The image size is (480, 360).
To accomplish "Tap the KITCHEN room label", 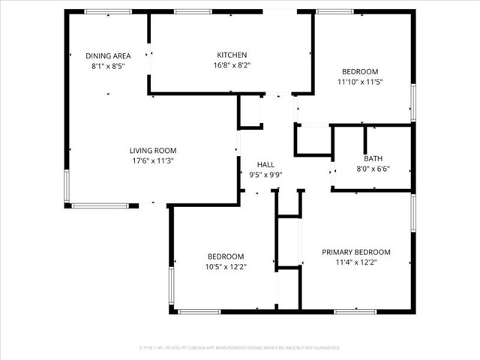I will [x=232, y=55].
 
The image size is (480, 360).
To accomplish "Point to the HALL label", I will [x=265, y=165].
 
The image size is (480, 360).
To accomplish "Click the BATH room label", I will [x=373, y=159].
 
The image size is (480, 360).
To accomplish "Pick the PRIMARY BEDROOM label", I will [x=356, y=252].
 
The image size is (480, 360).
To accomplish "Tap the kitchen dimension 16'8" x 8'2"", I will [x=232, y=65].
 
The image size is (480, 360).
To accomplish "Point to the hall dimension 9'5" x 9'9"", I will [x=265, y=175].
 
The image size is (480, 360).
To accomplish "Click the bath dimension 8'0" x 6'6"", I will [x=373, y=169].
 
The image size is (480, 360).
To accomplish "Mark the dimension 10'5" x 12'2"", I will [x=226, y=266].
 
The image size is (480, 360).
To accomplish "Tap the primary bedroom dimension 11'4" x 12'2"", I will [x=356, y=262].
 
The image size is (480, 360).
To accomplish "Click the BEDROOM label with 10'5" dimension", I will [x=226, y=256].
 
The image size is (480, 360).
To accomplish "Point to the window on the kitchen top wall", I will [x=192, y=12].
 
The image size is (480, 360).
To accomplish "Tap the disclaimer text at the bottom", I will [x=240, y=348].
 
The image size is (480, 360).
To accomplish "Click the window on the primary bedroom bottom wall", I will [x=355, y=310].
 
